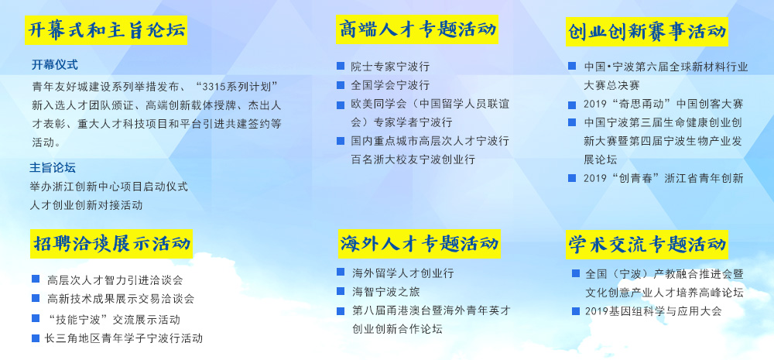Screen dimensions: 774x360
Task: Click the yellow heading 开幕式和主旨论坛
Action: point(106,30)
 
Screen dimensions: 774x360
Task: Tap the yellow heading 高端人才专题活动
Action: point(417,29)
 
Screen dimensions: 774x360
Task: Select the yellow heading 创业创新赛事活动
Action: point(646,32)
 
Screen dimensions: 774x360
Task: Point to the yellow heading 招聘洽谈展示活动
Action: point(111,243)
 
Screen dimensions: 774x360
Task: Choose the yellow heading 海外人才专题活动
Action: point(419,243)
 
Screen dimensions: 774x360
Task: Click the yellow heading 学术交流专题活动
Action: point(646,244)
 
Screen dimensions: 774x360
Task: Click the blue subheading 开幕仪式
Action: point(55,65)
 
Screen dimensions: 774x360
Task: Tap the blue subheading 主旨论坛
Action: point(53,168)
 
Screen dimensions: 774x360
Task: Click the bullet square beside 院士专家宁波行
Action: point(341,66)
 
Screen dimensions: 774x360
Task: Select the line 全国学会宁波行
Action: point(390,85)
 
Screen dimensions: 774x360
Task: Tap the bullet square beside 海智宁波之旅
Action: point(341,291)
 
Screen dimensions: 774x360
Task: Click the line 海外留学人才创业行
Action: point(402,273)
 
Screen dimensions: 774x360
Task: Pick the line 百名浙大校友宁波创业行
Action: point(413,159)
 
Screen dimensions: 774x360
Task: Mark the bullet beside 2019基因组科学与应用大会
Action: point(576,311)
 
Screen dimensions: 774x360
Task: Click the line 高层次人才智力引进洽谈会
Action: point(115,280)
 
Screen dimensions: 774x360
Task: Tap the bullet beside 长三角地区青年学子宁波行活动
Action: point(36,338)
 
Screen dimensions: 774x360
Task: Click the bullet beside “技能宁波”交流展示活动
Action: point(36,318)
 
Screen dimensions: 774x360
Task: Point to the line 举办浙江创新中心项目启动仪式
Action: point(109,187)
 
